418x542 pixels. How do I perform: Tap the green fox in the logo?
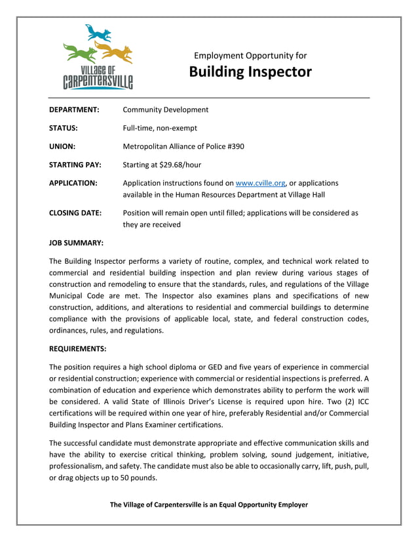coord(79,51)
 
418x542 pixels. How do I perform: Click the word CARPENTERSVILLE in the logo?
coord(98,82)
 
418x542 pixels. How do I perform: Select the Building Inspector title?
coord(250,72)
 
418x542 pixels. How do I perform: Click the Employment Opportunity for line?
coord(250,56)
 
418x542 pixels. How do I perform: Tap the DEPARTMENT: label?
coord(74,110)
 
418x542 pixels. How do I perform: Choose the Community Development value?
coord(166,110)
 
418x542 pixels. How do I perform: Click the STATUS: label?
coord(64,128)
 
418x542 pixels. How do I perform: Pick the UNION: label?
coord(62,146)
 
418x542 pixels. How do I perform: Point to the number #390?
coord(233,146)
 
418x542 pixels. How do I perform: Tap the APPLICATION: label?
coord(73,183)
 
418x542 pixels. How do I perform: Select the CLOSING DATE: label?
coord(75,213)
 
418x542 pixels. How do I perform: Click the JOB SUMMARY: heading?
coord(76,243)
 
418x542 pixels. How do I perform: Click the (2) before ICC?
coord(329,401)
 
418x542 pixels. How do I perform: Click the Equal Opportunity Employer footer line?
coord(208,505)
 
